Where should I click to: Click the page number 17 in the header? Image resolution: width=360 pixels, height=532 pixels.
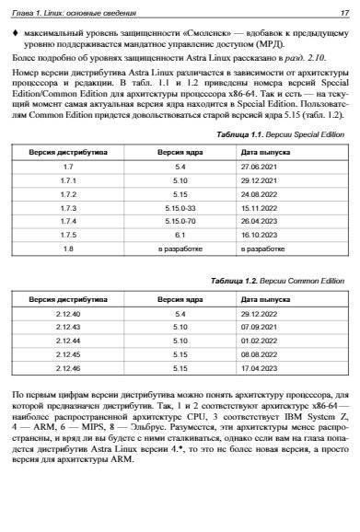coord(344,13)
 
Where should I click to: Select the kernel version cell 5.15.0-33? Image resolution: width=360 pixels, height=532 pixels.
coord(180,208)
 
